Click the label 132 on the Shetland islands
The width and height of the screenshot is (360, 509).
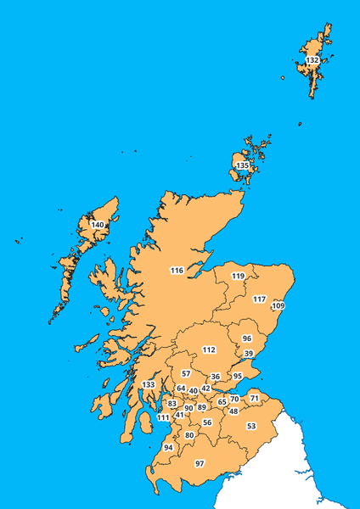click(x=312, y=61)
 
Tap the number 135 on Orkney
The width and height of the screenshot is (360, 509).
click(x=243, y=165)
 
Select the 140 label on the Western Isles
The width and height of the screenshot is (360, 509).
click(x=98, y=225)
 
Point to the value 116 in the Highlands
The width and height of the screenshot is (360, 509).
click(x=177, y=271)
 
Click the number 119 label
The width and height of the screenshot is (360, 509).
click(x=239, y=276)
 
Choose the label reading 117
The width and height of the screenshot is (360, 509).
click(x=259, y=299)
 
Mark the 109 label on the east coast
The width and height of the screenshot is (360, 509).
click(x=278, y=305)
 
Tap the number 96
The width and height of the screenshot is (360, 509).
click(x=247, y=338)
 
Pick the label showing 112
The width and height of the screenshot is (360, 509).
click(x=209, y=350)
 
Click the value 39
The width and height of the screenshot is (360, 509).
click(x=249, y=353)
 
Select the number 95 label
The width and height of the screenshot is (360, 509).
click(x=238, y=376)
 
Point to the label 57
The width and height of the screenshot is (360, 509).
click(x=186, y=373)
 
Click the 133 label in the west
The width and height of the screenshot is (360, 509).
click(x=149, y=385)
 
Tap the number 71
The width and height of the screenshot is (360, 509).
click(x=254, y=398)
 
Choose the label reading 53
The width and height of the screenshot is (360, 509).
click(x=251, y=426)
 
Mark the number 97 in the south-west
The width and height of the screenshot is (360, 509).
click(x=200, y=463)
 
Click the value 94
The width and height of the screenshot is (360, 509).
click(x=168, y=447)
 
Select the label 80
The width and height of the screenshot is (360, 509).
click(x=189, y=435)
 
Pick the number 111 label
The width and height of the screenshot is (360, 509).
click(x=162, y=417)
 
